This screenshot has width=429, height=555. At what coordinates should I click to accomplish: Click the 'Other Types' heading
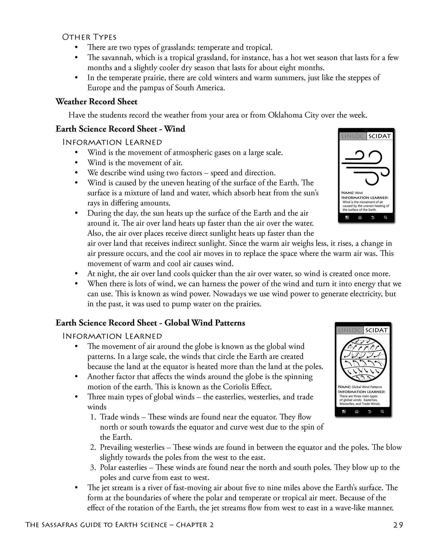(x=89, y=37)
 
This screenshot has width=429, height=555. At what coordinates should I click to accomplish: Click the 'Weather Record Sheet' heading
(x=96, y=102)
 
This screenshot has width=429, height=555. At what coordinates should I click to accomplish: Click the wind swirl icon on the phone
(x=366, y=168)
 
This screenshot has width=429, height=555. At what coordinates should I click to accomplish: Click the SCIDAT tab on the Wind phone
(x=379, y=136)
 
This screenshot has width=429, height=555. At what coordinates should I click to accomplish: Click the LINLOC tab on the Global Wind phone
(x=349, y=330)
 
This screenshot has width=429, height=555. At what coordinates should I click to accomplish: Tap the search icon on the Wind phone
(x=385, y=217)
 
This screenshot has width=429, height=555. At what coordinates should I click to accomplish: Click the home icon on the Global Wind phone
(x=357, y=412)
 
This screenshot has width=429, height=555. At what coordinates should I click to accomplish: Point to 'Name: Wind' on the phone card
(x=352, y=193)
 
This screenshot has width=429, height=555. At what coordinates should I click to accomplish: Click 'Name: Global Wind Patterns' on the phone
(x=360, y=387)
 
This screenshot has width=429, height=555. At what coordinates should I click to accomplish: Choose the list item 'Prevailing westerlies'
(x=132, y=447)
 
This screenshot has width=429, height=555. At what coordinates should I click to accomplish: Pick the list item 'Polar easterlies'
(x=123, y=467)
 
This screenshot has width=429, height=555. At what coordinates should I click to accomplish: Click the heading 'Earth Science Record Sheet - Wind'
(x=120, y=129)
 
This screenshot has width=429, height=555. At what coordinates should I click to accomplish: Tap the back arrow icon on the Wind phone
(x=373, y=217)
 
